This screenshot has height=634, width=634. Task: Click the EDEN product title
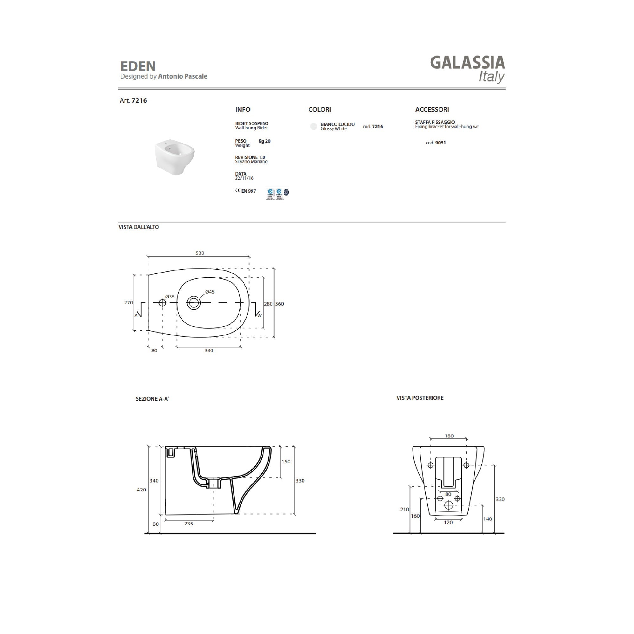pos(138,66)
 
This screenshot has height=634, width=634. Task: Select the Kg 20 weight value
pos(264,141)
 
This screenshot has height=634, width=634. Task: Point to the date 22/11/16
pos(244,178)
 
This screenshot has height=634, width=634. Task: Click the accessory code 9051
pos(436,143)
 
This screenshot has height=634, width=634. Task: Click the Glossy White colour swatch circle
pos(314,126)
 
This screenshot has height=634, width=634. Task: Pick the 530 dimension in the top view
pos(199,253)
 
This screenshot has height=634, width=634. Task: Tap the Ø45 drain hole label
pos(209,292)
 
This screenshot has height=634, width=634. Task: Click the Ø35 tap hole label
pos(170,297)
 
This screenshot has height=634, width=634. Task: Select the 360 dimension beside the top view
pos(279,304)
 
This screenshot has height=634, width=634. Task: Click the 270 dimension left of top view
pos(128,302)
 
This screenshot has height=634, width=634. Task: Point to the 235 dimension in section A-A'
pos(188,524)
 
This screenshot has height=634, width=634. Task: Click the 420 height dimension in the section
pos(141,490)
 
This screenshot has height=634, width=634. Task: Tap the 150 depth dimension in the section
pos(286,461)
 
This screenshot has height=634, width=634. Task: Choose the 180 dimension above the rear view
pos(449,436)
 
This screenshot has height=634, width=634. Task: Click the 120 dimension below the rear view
pos(448,522)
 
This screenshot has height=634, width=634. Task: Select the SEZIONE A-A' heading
pos(152,399)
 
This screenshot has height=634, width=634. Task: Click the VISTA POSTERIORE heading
pos(420,398)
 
